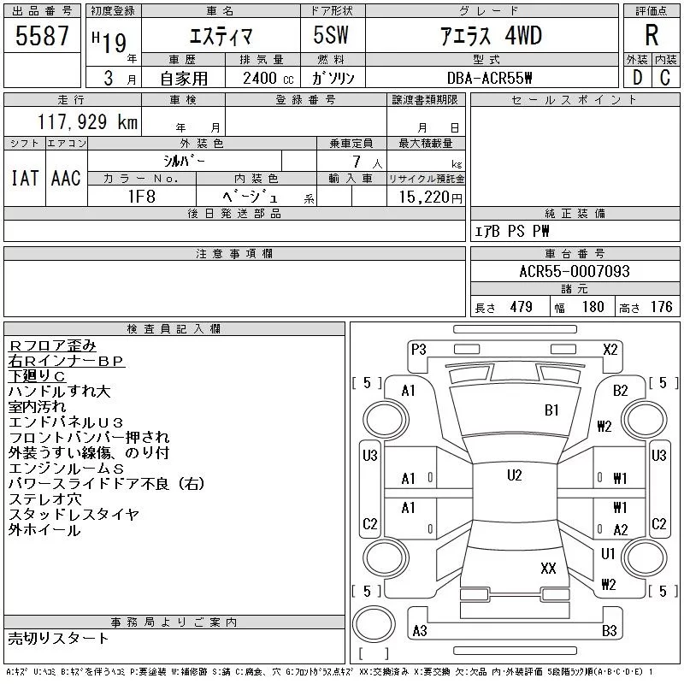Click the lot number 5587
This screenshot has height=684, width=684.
click(x=43, y=37)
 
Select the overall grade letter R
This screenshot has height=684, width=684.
click(x=652, y=36)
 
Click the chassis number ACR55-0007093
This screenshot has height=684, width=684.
click(x=574, y=271)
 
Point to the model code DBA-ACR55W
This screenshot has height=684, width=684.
click(x=489, y=78)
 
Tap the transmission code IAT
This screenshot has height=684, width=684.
click(x=23, y=178)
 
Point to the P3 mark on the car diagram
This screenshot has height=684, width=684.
click(x=419, y=349)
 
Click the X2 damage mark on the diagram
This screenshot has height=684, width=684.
click(x=610, y=349)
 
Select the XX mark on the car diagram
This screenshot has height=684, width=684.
click(x=548, y=568)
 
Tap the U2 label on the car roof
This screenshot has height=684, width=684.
click(x=514, y=475)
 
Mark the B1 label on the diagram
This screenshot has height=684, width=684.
click(x=551, y=410)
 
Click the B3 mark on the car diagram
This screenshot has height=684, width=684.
click(x=610, y=631)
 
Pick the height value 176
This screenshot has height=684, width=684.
click(x=661, y=307)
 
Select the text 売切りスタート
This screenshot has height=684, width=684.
click(x=58, y=638)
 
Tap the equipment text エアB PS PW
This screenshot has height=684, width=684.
click(x=513, y=231)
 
